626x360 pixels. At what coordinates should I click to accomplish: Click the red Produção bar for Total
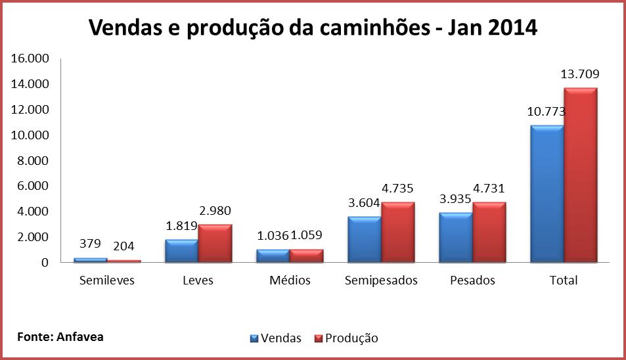[580, 175]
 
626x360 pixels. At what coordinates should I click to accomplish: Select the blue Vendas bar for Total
[547, 194]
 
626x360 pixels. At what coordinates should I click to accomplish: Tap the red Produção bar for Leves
[215, 243]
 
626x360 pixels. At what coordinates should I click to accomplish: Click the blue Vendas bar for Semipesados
[364, 239]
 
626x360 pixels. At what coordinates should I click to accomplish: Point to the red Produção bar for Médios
[306, 256]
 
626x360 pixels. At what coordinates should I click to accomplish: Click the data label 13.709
[579, 74]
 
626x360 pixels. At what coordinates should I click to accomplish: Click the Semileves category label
[106, 281]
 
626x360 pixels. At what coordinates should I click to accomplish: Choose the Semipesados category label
[381, 281]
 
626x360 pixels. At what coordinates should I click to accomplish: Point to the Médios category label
[290, 281]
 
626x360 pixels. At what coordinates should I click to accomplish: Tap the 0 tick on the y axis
[45, 263]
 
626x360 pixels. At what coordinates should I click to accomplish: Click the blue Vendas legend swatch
[254, 338]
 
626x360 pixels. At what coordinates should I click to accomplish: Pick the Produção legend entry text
[353, 338]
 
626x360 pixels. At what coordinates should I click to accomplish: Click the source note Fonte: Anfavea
[60, 336]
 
